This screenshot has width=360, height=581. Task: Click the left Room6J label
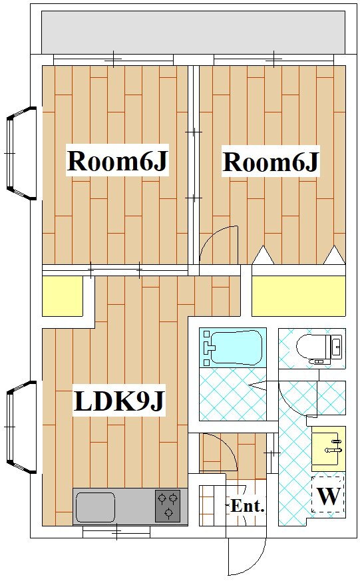[x=117, y=160]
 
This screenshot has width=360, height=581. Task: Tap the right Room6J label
[x=270, y=162]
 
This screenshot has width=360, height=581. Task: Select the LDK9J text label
[x=118, y=401]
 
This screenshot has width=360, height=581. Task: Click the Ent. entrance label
[x=248, y=505]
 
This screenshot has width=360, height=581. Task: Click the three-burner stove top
[x=168, y=506]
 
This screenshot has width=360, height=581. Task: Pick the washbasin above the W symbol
[x=329, y=446]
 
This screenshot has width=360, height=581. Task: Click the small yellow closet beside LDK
[x=63, y=296]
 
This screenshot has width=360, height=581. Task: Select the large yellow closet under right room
[x=299, y=295]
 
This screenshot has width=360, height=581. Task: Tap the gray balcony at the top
[x=194, y=32]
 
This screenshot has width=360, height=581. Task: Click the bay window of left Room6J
[x=21, y=153]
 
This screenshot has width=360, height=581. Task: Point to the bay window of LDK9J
[x=21, y=427]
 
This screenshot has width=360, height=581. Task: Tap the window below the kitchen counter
[x=116, y=533]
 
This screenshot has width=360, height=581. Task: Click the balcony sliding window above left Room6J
[x=113, y=59]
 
